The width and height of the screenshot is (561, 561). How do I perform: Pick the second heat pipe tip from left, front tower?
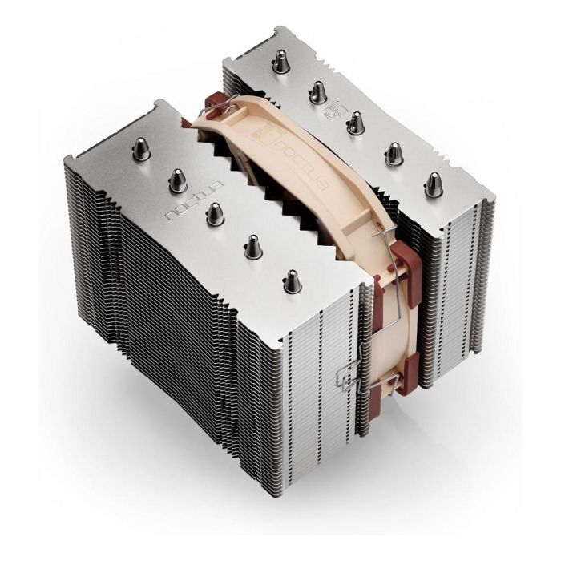(177, 181)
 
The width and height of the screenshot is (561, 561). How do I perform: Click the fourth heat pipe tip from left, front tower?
(252, 247)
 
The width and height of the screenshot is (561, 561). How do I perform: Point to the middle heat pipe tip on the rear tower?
(356, 122)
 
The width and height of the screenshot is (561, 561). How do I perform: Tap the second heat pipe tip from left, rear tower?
(318, 89)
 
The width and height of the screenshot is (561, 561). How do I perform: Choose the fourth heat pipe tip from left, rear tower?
(394, 152)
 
